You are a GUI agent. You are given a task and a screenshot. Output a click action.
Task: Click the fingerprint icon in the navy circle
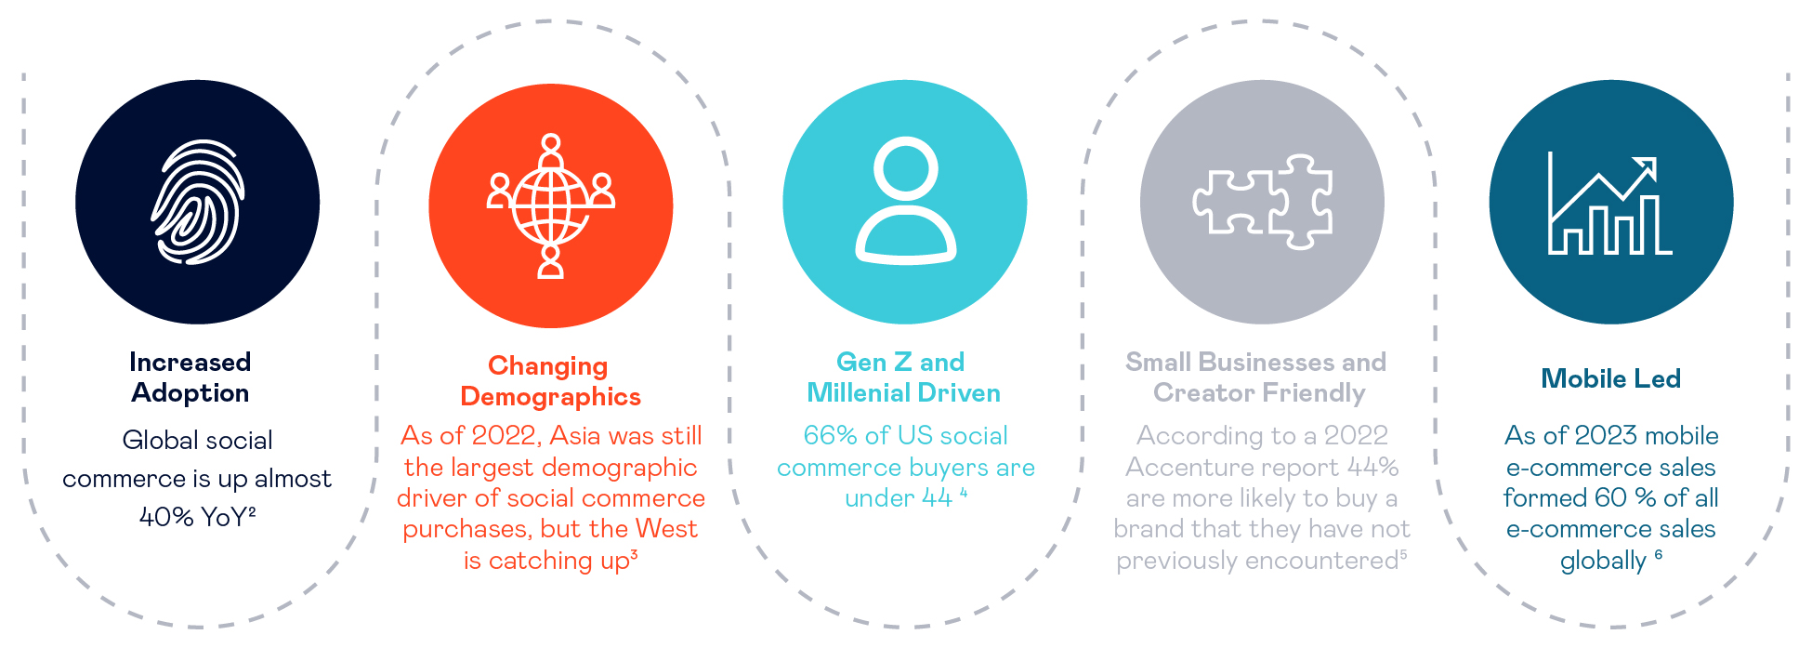point(198,202)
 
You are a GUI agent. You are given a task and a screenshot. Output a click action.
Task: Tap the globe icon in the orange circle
point(551,206)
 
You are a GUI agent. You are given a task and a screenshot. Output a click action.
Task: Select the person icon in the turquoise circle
point(905,201)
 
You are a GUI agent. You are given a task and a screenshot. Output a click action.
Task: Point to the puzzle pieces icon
point(1263,202)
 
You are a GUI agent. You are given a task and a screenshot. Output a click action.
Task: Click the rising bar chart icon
point(1610,204)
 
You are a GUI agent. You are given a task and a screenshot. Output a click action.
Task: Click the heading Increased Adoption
point(190,377)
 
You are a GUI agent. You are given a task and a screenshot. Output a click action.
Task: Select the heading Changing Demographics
point(550,381)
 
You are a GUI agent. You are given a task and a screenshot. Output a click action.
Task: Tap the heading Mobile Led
point(1610,378)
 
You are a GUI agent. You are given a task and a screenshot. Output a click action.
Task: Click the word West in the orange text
point(666,529)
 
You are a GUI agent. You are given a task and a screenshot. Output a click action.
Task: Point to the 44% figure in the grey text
point(1372,467)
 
